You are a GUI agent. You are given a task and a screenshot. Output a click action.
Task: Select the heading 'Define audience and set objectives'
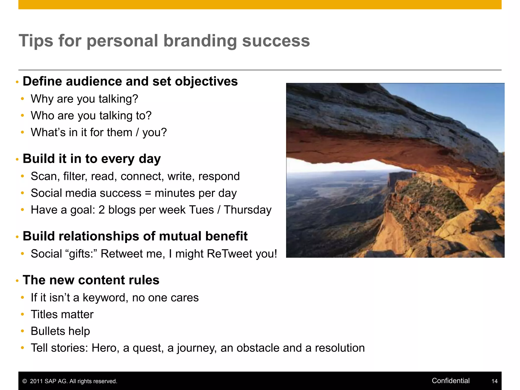[x=130, y=82]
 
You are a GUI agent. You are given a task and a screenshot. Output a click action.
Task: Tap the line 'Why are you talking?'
[x=84, y=99]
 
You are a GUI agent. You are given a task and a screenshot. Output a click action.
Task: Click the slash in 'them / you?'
[x=137, y=132]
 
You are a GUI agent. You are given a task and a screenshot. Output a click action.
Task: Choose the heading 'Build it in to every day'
[x=92, y=159]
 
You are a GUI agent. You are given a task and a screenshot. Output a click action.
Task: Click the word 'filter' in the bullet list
[x=74, y=176]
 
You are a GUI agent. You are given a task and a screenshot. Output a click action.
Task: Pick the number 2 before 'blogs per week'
[x=102, y=210]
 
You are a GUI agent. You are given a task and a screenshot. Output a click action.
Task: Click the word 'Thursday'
[x=248, y=210]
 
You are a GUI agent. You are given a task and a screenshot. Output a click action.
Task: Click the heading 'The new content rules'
[x=91, y=280]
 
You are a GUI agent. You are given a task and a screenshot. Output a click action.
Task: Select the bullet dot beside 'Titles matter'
[x=23, y=315]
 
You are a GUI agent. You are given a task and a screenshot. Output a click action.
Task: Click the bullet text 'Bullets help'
[x=60, y=331]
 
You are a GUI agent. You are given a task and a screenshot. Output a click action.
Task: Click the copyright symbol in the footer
[x=25, y=381]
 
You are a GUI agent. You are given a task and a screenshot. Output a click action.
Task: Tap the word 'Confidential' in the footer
[x=450, y=381]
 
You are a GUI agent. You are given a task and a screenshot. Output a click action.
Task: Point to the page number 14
[x=494, y=381]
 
